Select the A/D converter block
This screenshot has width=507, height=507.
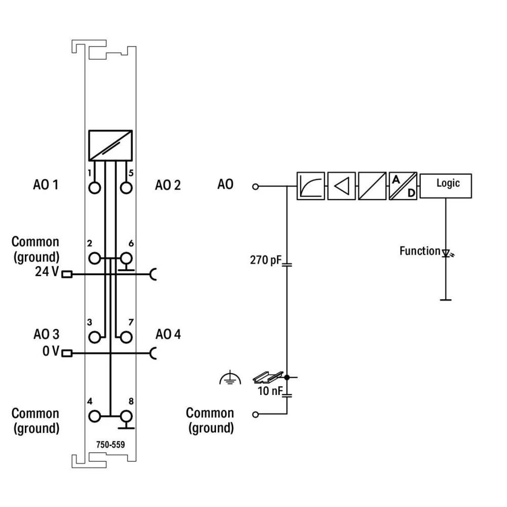[x=403, y=186]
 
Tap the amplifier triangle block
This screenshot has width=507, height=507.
[x=342, y=186]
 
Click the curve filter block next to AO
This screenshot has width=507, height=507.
[x=311, y=186]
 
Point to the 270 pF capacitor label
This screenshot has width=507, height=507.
[x=265, y=261]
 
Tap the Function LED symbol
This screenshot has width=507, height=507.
[x=446, y=252]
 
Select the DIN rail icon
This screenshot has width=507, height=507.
[x=266, y=377]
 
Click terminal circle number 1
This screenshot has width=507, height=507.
[x=94, y=188]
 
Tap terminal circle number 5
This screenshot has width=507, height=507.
[x=126, y=188]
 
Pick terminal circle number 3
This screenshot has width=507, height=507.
[x=94, y=337]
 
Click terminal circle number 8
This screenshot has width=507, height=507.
[x=126, y=416]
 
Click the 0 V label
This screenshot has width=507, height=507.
[x=50, y=351]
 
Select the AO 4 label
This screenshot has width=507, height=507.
[x=168, y=335]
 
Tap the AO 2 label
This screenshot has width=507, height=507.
[x=168, y=185]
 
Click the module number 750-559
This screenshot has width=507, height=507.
[x=111, y=445]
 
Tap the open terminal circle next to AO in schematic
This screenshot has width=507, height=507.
[x=256, y=186]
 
